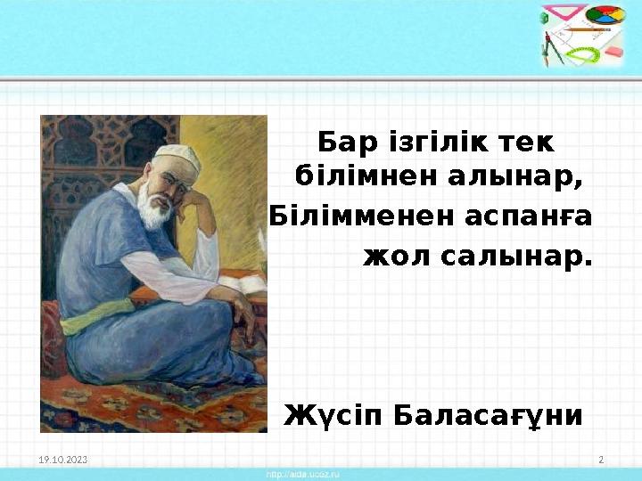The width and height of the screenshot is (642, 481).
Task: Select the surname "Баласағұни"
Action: [x=490, y=415]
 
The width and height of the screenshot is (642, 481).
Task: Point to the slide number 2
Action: [x=601, y=460]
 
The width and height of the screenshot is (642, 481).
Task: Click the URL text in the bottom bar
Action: [x=303, y=475]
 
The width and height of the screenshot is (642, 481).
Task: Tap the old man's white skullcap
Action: [x=177, y=158]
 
